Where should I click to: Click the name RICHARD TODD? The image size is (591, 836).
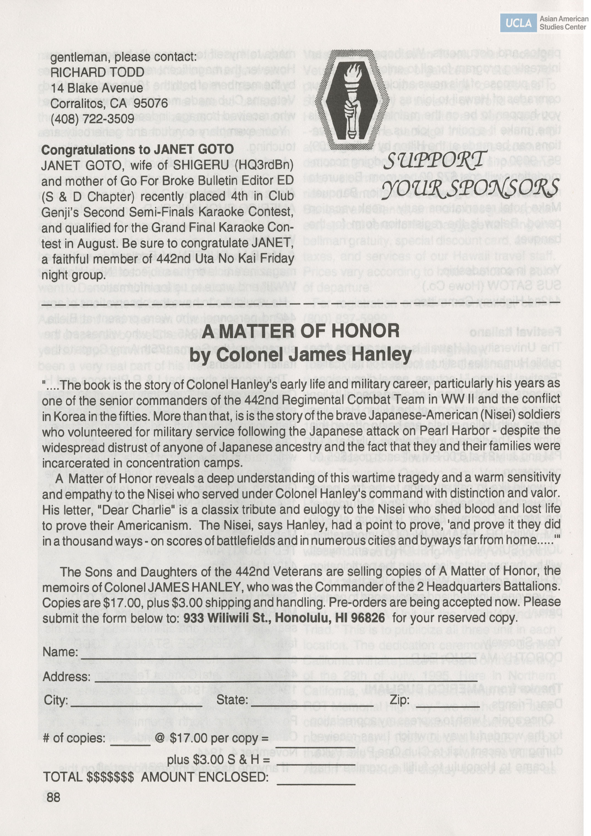pos(97,72)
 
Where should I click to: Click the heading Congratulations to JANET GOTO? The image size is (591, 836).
pos(137,149)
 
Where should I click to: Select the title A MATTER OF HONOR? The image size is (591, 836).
pos(301,331)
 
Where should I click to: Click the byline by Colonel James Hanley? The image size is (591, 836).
pos(301,354)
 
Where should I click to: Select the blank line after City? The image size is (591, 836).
pos(136,705)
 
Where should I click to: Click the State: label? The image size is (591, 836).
pos(232,700)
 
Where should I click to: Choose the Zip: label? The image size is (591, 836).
pos(400,700)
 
